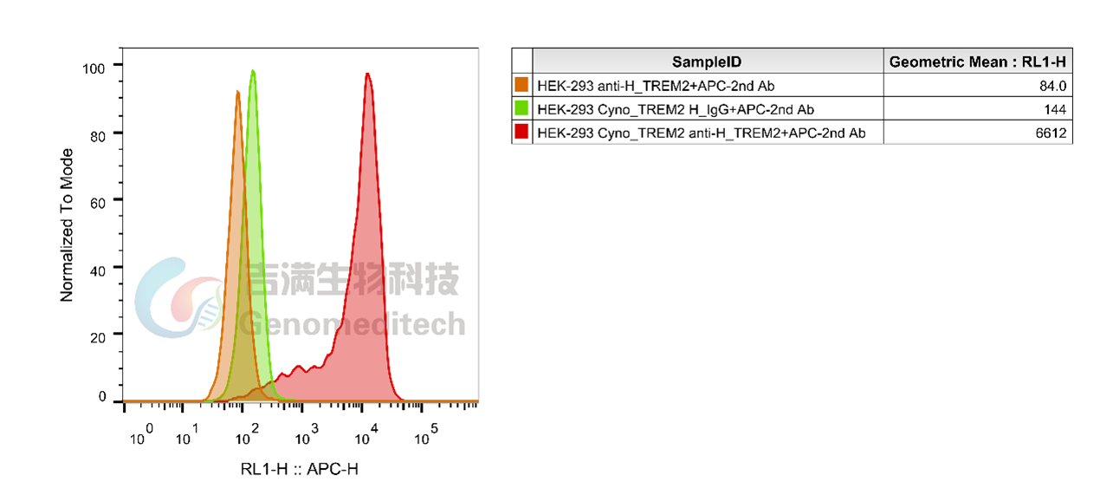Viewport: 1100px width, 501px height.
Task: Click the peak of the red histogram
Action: tap(367, 75)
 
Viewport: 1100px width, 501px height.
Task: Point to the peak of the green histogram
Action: tap(253, 71)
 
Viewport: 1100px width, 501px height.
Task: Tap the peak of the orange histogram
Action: tap(237, 92)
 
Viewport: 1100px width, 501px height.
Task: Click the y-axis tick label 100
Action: tap(94, 68)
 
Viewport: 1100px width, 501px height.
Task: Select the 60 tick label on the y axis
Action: tap(98, 203)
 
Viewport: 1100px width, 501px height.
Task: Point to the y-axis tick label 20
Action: tap(98, 338)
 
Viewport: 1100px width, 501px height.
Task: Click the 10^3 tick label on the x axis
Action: tap(307, 434)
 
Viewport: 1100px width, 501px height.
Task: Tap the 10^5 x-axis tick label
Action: tap(426, 434)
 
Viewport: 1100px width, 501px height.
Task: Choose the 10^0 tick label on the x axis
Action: tap(141, 434)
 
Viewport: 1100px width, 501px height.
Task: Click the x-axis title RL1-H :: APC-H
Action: tap(299, 469)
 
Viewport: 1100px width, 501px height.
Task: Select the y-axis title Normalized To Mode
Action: tap(67, 225)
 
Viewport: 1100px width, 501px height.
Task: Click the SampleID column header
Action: tap(707, 62)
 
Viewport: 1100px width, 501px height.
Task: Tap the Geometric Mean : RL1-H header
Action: tap(977, 62)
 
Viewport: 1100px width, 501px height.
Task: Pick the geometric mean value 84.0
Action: tap(1052, 86)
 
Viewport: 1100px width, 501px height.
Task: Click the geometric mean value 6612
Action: tap(1051, 133)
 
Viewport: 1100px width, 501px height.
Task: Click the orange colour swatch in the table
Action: tap(521, 85)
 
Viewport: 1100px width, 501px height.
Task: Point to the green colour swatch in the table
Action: tap(521, 108)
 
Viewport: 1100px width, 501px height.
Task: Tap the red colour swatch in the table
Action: tap(521, 132)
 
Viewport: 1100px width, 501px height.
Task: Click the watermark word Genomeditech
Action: tap(352, 323)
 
